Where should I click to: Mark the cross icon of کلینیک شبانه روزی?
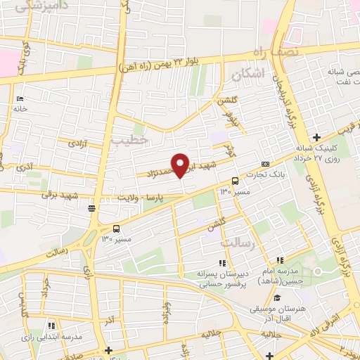point(318,136)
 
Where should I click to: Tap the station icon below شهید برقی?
point(91,208)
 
